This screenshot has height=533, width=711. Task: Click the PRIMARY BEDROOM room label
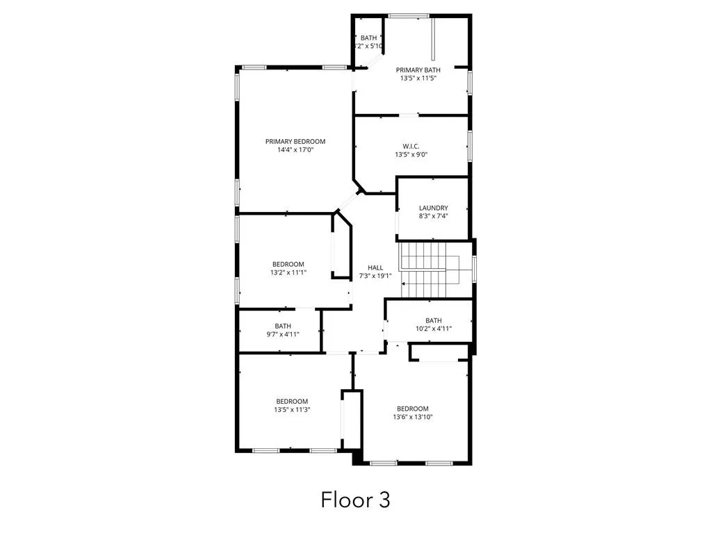coord(295,141)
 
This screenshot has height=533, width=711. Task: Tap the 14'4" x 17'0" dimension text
coord(295,150)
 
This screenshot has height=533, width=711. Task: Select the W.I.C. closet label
coord(411,146)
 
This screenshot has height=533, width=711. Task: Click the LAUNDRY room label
coord(433,208)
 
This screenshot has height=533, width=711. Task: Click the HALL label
coord(375,268)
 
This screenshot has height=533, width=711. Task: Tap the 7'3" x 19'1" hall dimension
coord(375,276)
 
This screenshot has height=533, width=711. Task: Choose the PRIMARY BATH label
coord(418,70)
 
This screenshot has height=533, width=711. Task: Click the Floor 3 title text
coord(355,499)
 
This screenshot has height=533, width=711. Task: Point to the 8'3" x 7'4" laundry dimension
coord(433,216)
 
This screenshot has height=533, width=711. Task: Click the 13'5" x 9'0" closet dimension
coord(411,154)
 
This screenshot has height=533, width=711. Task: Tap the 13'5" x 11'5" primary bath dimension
coord(418,79)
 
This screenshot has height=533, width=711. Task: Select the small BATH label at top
coord(368,38)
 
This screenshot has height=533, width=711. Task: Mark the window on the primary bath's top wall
coord(408,15)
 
